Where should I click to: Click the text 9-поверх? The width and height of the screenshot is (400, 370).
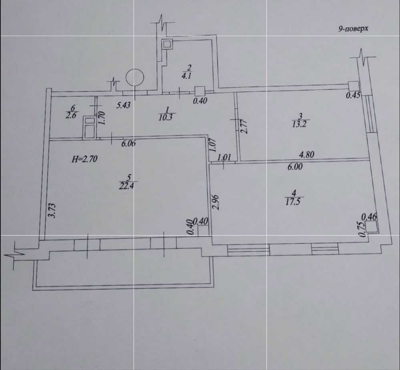click(353, 29)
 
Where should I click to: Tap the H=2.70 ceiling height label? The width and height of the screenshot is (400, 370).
click(84, 159)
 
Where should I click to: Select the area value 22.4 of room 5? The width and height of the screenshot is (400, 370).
click(126, 185)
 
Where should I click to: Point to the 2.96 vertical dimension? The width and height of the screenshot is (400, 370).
click(217, 202)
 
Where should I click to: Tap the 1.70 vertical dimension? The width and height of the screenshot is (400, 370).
click(102, 119)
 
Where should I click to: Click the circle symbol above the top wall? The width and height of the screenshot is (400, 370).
click(134, 77)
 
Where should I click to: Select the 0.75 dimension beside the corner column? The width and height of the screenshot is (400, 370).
click(362, 230)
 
